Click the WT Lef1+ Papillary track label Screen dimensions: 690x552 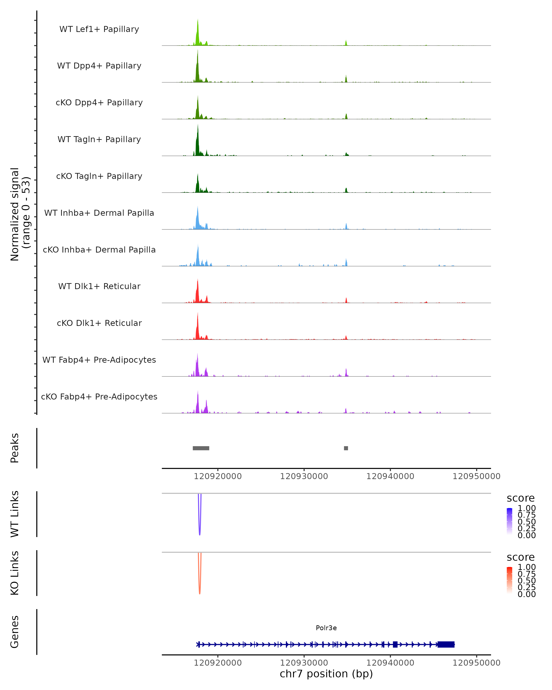tap(99, 29)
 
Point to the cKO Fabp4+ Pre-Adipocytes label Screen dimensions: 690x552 tap(99, 397)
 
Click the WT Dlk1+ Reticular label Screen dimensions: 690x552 tap(99, 286)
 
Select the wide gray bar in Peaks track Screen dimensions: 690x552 tap(201, 448)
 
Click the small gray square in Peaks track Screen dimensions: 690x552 tap(346, 448)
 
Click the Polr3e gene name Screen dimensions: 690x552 tap(326, 628)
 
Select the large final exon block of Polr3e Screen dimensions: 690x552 tap(446, 644)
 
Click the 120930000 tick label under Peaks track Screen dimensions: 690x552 tap(304, 477)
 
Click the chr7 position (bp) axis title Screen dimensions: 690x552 tap(326, 674)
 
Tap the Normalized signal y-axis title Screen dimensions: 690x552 tap(20, 214)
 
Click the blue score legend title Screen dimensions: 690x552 tap(521, 498)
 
